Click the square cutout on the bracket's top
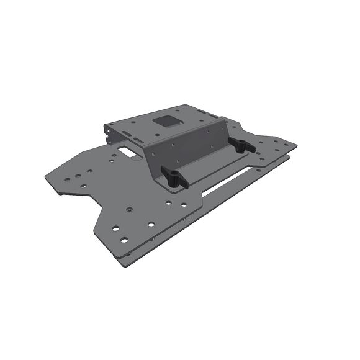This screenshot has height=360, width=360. click(166, 120)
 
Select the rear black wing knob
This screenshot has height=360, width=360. click(241, 146)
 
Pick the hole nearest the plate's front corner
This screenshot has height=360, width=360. click(124, 240)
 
